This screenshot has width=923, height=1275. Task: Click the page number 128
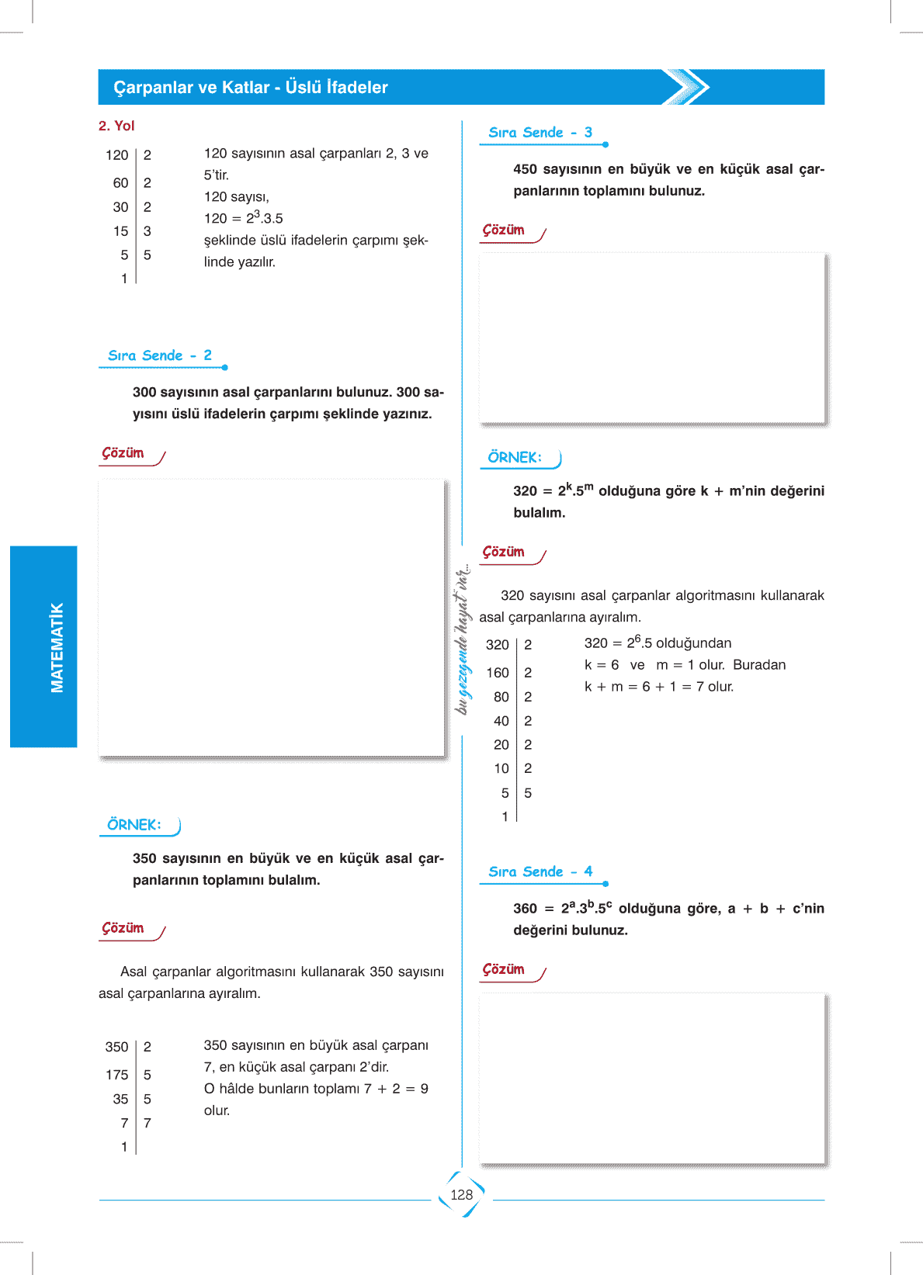pos(461,1195)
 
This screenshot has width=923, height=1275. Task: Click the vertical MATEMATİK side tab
pos(57,647)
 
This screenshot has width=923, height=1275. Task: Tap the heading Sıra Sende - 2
pos(160,355)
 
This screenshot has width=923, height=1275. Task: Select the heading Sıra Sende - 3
pos(540,133)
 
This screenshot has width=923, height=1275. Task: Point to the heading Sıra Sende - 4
pos(540,871)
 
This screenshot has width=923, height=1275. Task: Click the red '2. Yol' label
pos(116,126)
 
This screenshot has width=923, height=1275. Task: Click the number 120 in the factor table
pos(116,155)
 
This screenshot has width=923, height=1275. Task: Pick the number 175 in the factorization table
pos(116,1075)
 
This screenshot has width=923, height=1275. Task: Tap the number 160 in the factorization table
pos(498,673)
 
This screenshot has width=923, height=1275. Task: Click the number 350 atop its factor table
pos(116,1047)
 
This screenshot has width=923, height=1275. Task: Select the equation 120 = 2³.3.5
pos(243,218)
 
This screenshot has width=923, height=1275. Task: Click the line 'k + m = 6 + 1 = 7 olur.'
pos(658,687)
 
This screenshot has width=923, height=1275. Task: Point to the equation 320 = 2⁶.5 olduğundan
pos(658,643)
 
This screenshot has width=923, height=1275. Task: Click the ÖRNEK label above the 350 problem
pos(134,825)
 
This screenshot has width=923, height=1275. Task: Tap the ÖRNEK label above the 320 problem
pos(515,458)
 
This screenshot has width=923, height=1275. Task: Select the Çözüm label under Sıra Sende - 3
pos(504,230)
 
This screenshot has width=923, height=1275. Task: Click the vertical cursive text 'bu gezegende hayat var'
pos(463,639)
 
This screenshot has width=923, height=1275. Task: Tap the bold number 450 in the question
pos(525,169)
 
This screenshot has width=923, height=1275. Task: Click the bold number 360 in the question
pos(525,909)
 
